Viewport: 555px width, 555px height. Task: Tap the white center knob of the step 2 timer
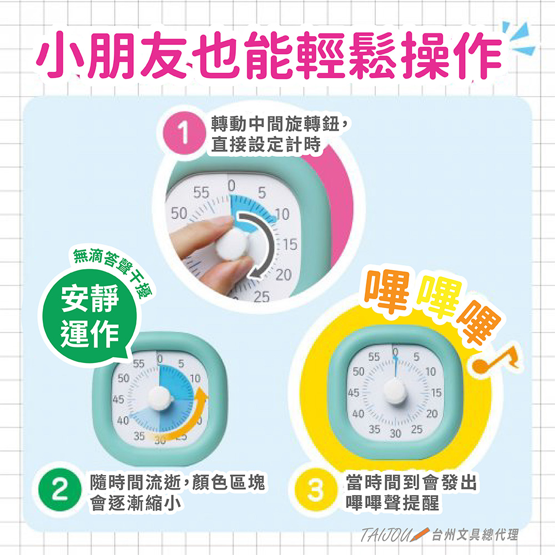[159, 397]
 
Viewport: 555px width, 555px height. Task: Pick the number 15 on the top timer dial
[290, 244]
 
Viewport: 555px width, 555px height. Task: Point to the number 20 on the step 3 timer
[432, 414]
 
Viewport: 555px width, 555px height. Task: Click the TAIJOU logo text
[387, 536]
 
